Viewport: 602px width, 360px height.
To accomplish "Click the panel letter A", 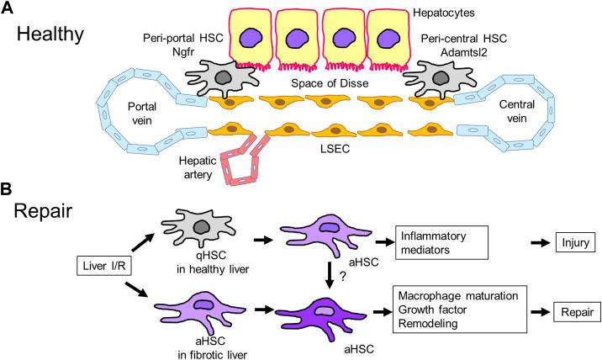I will click(x=9, y=9).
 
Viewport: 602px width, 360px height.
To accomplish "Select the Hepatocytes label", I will click(x=446, y=13).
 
